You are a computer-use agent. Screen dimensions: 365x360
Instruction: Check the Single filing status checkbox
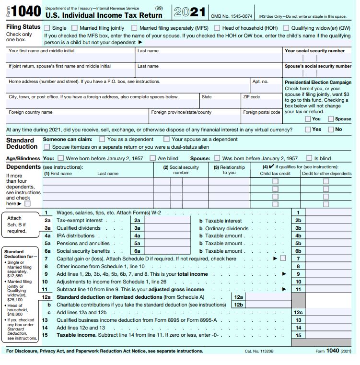point(47,28)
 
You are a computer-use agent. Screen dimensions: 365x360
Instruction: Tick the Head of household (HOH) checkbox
point(217,28)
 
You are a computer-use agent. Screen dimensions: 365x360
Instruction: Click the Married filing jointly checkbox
point(74,28)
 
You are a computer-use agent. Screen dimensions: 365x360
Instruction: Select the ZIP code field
point(261,103)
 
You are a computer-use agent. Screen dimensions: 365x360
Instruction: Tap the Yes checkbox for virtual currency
point(308,129)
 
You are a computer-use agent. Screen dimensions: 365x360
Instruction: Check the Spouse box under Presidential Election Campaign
point(331,118)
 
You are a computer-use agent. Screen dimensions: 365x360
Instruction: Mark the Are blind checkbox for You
point(152,158)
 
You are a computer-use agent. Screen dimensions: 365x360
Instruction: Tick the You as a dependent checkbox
point(102,139)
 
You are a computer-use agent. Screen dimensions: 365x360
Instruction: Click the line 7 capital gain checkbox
point(283,258)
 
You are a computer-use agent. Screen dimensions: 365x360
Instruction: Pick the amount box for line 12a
point(268,297)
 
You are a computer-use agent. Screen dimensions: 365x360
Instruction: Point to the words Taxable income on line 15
point(76,335)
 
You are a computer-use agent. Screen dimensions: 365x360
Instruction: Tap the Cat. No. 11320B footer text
point(259,351)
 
